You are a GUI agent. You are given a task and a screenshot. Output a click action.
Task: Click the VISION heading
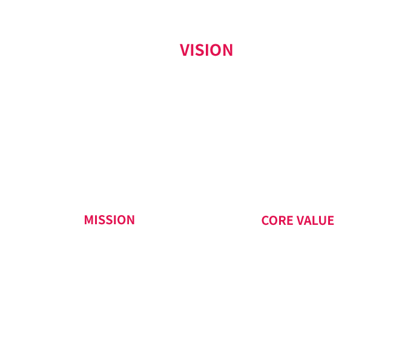pos(206,50)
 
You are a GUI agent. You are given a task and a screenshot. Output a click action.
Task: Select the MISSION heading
pos(110,220)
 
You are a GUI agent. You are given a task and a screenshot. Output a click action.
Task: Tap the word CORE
pos(277,221)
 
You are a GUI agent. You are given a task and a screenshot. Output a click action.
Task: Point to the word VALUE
pos(315,221)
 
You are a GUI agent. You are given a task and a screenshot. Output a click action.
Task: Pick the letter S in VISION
pos(201,50)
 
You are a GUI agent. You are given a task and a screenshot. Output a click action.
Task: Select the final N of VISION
pos(228,50)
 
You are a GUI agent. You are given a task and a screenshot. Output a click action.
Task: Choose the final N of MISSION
pos(131,220)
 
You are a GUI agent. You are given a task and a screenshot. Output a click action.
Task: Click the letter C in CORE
pos(265,221)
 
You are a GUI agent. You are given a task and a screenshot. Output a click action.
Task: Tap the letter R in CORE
pos(283,221)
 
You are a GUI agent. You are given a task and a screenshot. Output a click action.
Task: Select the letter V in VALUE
pos(301,221)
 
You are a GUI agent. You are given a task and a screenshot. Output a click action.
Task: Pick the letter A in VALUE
pos(309,221)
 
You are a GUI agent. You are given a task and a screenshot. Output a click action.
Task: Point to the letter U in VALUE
pos(325,221)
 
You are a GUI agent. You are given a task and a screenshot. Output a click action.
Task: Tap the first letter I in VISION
pos(193,50)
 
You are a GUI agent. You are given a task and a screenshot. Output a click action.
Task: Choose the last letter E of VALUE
pos(331,221)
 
